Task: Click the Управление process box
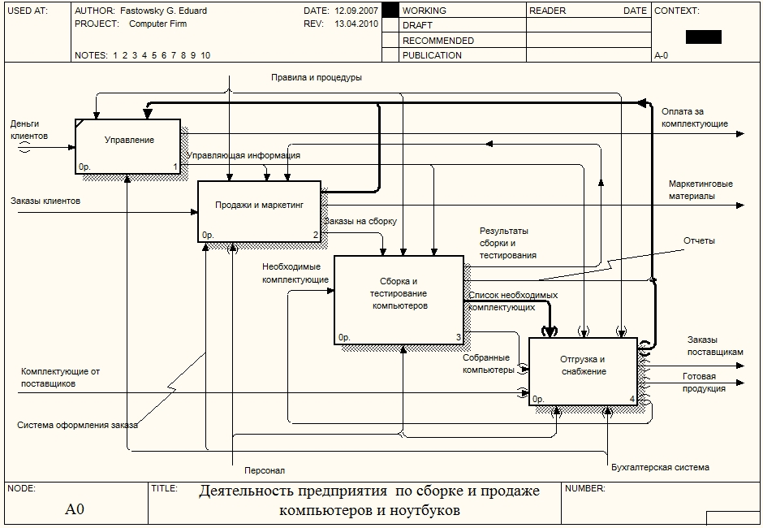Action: (128, 146)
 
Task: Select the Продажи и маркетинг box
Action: (260, 211)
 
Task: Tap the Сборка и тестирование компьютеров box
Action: (399, 299)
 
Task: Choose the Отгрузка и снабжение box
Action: (582, 370)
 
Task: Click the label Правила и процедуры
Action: (317, 78)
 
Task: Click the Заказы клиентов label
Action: (45, 200)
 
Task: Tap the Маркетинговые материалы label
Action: (700, 190)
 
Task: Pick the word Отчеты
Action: (699, 241)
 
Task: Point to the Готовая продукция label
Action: (704, 383)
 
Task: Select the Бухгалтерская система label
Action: (660, 467)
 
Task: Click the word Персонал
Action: (265, 470)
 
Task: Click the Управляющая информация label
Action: (244, 155)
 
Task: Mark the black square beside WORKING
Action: (390, 11)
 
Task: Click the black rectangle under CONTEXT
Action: (703, 37)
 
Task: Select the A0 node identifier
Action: (75, 510)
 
